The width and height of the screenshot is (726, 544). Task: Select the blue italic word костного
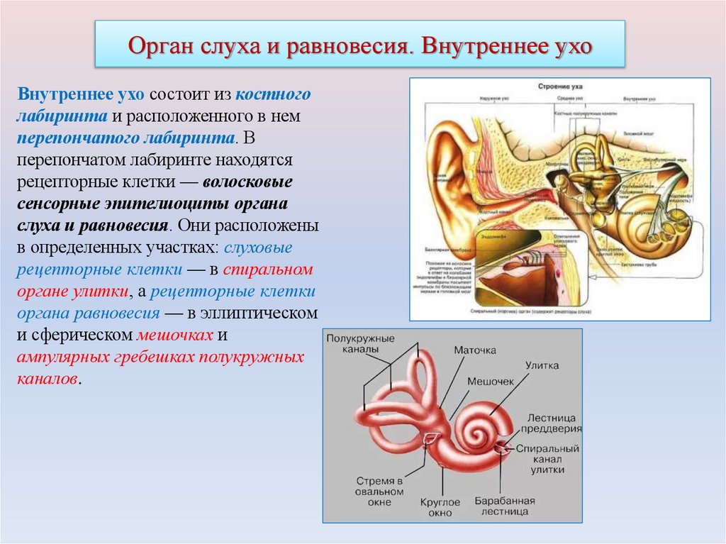[273, 94]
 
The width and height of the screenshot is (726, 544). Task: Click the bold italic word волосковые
[248, 182]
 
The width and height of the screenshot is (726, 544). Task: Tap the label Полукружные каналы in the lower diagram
[360, 344]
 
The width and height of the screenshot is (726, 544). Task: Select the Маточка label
[474, 350]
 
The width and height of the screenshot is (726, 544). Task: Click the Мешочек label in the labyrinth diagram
[490, 381]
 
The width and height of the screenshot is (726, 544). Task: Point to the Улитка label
[542, 365]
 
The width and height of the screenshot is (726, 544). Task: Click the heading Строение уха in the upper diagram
[552, 85]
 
